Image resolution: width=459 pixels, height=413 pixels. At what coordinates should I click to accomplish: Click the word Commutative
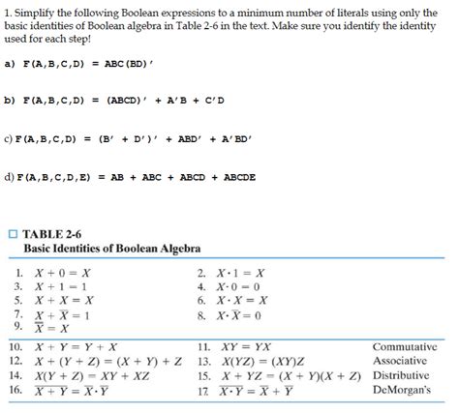pyautogui.click(x=405, y=345)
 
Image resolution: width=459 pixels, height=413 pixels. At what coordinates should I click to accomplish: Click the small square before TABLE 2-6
pyautogui.click(x=13, y=232)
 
